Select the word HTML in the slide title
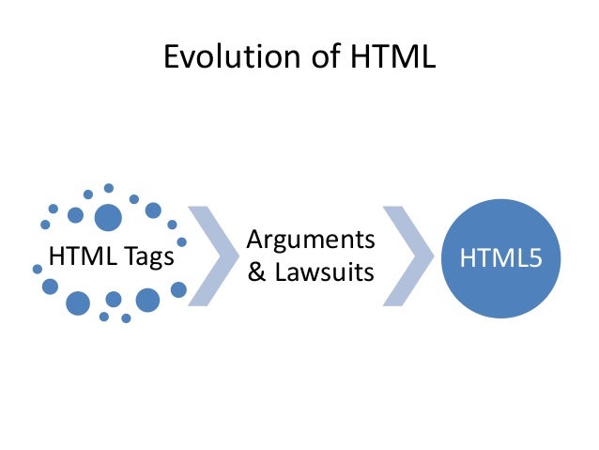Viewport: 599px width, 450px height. point(388,58)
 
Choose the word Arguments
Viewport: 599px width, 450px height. point(311,241)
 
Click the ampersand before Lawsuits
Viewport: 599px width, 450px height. point(254,273)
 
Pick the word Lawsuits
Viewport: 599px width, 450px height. point(323,273)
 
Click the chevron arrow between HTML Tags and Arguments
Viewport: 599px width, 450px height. point(215,256)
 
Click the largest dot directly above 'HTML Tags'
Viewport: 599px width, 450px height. point(108,218)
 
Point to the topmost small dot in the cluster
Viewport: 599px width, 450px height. point(109,188)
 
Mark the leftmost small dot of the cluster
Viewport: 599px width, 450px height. point(38,269)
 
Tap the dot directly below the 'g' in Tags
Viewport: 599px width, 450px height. point(147,300)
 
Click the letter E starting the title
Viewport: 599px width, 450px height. point(171,58)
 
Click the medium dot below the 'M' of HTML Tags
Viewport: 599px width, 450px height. point(78,303)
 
